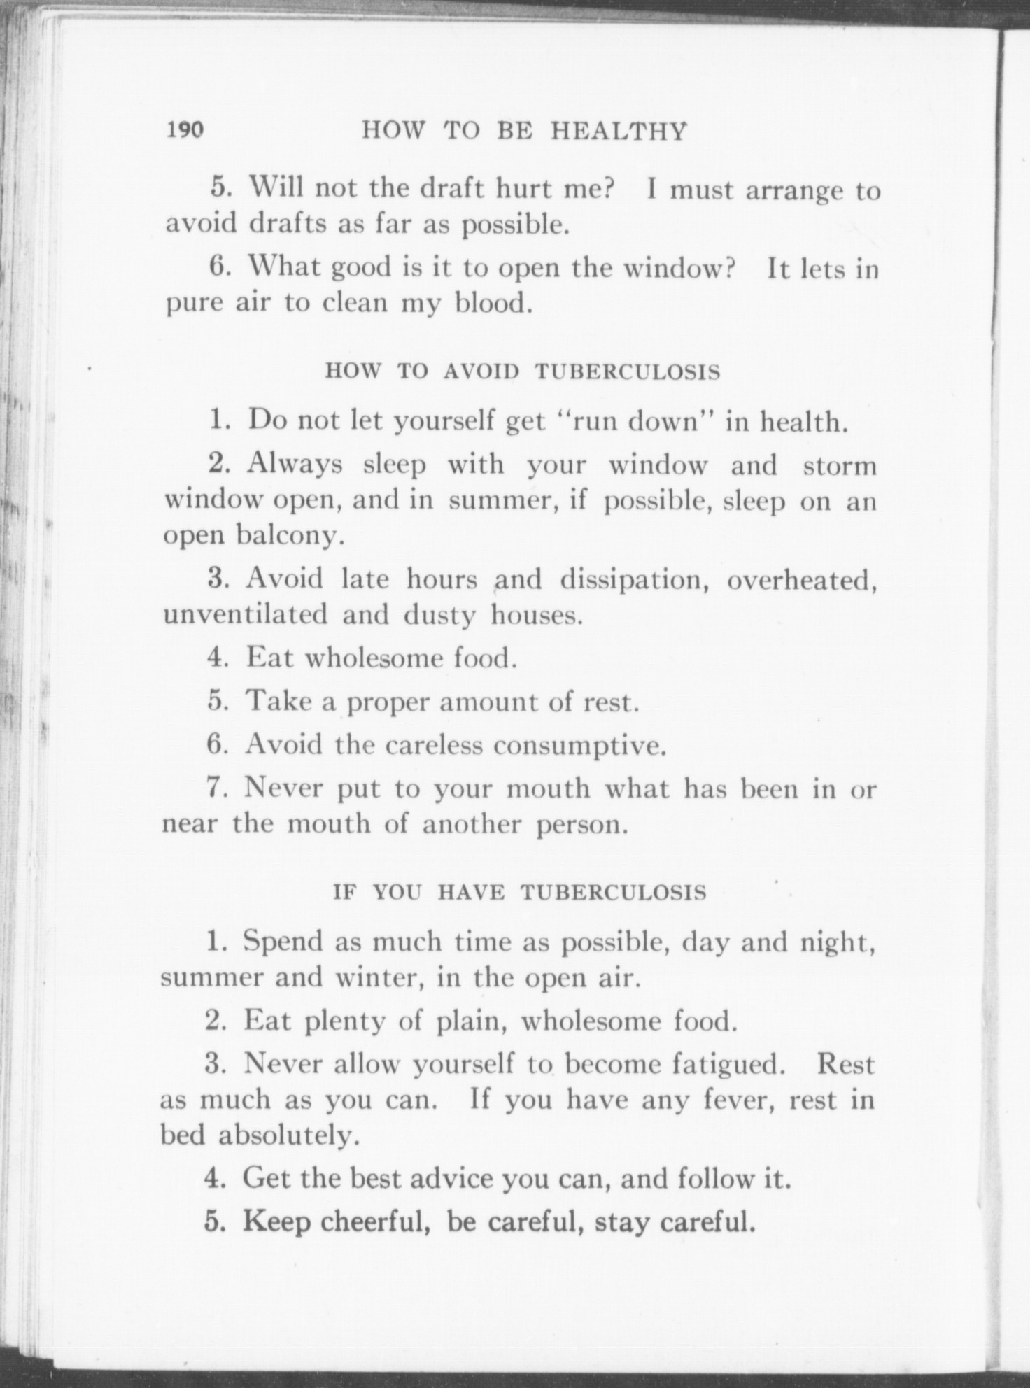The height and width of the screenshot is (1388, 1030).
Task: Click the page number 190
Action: (185, 130)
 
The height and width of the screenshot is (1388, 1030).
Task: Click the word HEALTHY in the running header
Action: (619, 131)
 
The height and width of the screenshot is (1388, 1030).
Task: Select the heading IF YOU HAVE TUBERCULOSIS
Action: (519, 893)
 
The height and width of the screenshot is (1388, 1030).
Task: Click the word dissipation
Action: (633, 579)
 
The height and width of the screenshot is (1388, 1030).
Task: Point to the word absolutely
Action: (289, 1136)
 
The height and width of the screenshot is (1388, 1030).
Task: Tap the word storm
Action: (839, 465)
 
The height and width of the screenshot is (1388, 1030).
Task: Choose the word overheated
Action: (802, 581)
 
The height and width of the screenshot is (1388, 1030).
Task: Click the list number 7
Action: (215, 788)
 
